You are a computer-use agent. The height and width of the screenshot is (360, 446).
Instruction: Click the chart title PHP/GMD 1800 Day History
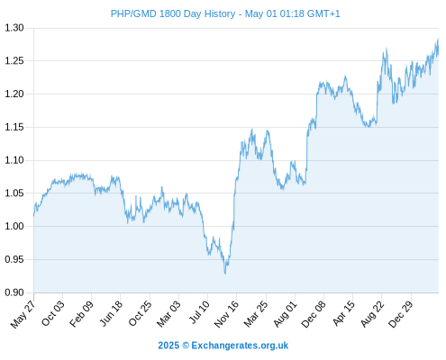(173, 13)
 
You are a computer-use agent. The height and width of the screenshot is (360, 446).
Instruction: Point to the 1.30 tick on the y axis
(14, 28)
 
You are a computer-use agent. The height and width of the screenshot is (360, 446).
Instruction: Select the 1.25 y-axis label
(14, 61)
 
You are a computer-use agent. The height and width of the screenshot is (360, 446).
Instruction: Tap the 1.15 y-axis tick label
(14, 127)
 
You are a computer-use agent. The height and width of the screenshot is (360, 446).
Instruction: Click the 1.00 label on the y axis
(14, 226)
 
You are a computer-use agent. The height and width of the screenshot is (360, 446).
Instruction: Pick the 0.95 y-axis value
(14, 259)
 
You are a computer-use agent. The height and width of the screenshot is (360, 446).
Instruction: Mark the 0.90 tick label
(14, 292)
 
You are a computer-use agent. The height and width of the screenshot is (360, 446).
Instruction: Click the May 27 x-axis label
(23, 314)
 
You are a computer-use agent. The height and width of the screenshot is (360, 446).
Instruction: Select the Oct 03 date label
(52, 313)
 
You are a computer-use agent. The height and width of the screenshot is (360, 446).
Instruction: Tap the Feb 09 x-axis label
(81, 314)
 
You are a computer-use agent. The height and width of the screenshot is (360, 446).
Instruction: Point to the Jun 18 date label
(111, 313)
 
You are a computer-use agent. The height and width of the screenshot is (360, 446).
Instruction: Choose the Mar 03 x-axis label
(168, 314)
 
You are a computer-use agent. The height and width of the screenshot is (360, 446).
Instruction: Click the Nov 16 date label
(226, 314)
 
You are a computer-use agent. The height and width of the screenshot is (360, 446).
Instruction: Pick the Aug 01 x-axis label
(286, 314)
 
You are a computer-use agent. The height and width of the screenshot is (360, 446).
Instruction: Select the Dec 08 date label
(314, 314)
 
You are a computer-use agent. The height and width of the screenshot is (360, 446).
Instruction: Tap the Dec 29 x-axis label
(401, 314)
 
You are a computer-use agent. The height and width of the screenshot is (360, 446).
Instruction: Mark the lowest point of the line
(225, 274)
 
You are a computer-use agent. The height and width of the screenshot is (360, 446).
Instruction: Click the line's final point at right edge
(438, 39)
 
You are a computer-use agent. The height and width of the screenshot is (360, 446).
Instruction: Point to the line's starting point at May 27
(33, 215)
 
